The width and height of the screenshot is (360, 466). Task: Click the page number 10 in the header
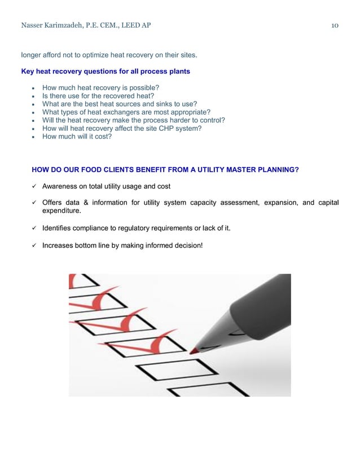[x=335, y=25]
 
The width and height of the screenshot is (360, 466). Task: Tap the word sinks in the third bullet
[x=161, y=104]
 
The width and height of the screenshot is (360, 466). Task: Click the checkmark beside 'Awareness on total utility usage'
[x=35, y=186]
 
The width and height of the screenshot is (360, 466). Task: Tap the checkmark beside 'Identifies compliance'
[x=35, y=228]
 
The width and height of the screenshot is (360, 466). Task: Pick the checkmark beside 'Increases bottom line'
[x=35, y=245]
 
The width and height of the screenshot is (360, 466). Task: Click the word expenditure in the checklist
[x=61, y=211]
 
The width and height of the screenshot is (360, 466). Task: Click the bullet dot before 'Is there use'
[x=34, y=96]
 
